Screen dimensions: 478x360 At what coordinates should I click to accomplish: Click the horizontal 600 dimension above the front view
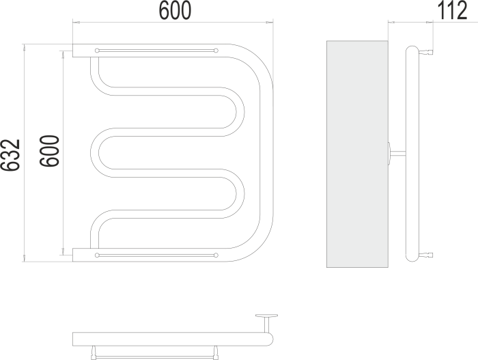(x=175, y=10)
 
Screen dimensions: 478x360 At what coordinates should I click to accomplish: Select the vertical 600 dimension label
(x=49, y=151)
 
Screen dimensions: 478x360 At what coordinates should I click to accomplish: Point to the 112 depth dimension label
(x=452, y=10)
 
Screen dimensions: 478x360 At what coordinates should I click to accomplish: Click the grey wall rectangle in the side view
(x=357, y=154)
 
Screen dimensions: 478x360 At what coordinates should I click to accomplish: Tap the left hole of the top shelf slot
(x=97, y=51)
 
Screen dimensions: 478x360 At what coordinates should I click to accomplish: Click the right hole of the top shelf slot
(x=216, y=51)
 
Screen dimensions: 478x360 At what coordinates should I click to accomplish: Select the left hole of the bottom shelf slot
(x=97, y=255)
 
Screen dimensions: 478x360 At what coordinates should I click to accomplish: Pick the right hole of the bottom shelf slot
(x=216, y=255)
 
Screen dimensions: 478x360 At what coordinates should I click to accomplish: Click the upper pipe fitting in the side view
(x=426, y=52)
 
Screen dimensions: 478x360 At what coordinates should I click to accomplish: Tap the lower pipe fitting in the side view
(x=426, y=255)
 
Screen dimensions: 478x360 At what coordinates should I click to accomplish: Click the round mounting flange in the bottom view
(x=267, y=316)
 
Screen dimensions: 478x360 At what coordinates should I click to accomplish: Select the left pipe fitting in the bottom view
(x=94, y=352)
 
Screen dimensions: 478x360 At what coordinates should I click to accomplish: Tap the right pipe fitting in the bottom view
(x=216, y=352)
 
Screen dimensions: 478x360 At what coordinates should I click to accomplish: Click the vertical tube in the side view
(x=412, y=154)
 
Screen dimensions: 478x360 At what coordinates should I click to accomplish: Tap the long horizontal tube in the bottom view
(x=173, y=339)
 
